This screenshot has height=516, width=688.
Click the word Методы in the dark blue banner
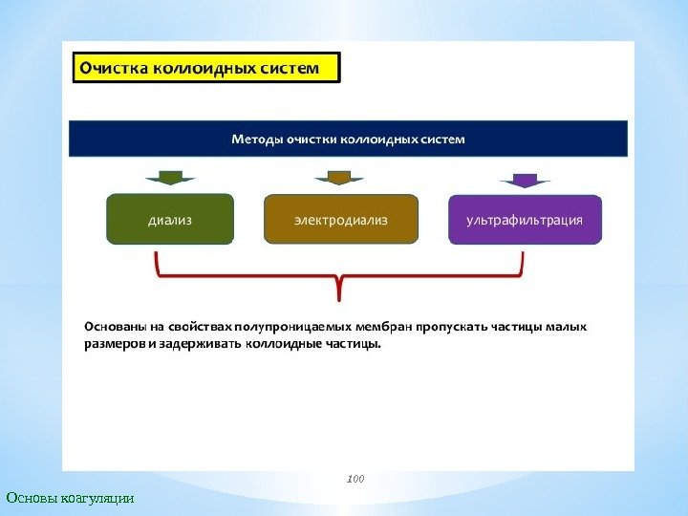tap(258, 140)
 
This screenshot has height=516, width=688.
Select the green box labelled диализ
tap(170, 220)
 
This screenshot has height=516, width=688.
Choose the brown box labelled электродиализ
tap(341, 220)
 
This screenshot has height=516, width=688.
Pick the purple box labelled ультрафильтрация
tap(525, 220)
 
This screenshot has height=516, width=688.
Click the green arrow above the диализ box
tap(170, 177)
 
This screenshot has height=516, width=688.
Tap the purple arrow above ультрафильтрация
tap(525, 180)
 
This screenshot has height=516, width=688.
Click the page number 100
tap(355, 475)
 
